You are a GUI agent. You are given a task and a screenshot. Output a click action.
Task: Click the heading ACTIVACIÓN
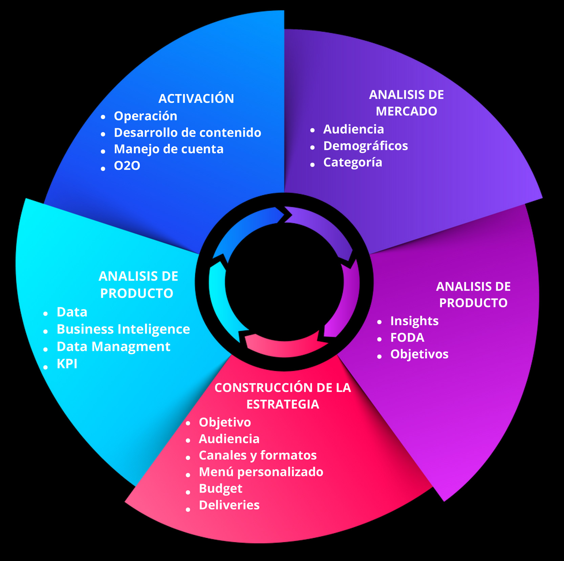click(x=196, y=99)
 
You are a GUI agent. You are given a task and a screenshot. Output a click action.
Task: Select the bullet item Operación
click(x=146, y=116)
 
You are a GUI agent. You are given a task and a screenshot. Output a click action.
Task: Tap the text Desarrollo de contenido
click(x=188, y=133)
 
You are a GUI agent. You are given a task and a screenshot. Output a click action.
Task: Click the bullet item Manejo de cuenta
click(x=169, y=149)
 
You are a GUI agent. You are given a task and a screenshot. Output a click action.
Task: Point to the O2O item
click(x=127, y=166)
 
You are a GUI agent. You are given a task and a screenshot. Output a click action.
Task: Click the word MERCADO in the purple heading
click(x=406, y=111)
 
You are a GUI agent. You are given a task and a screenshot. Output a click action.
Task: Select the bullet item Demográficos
click(x=366, y=146)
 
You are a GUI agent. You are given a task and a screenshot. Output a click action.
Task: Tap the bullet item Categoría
click(x=353, y=163)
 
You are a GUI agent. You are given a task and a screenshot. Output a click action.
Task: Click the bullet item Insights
click(x=414, y=321)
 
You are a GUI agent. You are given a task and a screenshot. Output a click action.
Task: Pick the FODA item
click(x=407, y=338)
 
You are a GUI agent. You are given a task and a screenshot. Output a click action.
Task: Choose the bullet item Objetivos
click(x=419, y=354)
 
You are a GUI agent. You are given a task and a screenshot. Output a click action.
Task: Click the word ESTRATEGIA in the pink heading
click(x=283, y=404)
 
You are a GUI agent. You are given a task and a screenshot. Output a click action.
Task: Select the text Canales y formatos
click(x=258, y=455)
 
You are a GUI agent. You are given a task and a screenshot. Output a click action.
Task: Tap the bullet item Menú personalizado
click(x=261, y=472)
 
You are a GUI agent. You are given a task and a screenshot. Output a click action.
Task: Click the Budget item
click(x=220, y=489)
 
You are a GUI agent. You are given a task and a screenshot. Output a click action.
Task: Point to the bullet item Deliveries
click(x=229, y=505)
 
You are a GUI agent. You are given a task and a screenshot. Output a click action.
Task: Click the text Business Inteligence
click(x=123, y=329)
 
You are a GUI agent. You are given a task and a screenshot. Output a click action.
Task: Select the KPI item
click(x=67, y=364)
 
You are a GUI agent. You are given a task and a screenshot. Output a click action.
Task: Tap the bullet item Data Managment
click(x=113, y=347)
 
